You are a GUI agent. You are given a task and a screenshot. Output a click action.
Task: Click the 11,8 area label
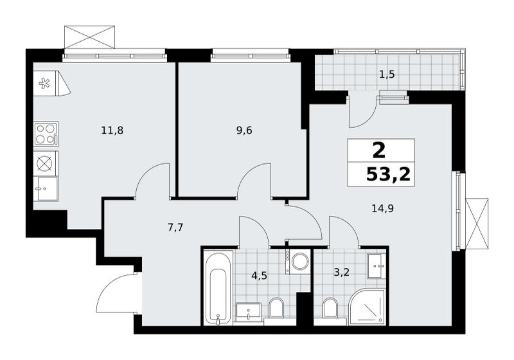(x=112, y=130)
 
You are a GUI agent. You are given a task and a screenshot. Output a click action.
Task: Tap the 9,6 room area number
(x=244, y=130)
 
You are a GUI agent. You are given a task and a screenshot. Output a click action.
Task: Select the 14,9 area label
(x=383, y=208)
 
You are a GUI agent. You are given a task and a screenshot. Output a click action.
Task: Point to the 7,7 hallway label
(x=175, y=228)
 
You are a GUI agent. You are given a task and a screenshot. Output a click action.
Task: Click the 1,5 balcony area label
(x=387, y=75)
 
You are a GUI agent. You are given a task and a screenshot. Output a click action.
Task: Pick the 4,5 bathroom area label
(x=260, y=276)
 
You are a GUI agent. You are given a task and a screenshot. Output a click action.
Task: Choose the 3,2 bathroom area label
(x=342, y=272)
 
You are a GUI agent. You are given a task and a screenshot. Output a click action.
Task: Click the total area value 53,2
(x=389, y=175)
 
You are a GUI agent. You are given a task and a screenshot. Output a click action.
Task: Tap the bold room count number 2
(x=379, y=151)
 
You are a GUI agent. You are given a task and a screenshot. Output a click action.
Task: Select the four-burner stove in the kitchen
(x=46, y=134)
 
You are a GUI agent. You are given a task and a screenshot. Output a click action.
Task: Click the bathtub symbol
(x=218, y=288)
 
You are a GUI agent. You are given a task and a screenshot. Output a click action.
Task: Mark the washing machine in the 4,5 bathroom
(x=297, y=261)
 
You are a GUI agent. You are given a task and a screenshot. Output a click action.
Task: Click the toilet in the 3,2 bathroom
(x=330, y=308)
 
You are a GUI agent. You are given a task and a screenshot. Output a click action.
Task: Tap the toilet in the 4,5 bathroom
(x=277, y=307)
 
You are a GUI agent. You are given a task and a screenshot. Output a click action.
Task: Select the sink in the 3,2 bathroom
(x=377, y=265)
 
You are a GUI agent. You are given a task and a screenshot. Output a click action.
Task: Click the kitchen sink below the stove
(x=46, y=189)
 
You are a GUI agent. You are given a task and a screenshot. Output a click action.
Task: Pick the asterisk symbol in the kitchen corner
(x=44, y=84)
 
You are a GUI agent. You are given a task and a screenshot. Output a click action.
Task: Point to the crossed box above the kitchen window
(x=89, y=37)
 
